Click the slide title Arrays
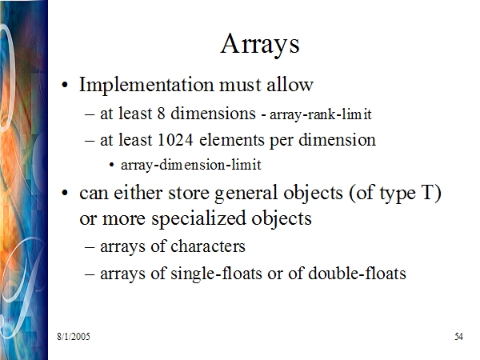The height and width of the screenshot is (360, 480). click(259, 45)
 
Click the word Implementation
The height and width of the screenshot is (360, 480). click(146, 85)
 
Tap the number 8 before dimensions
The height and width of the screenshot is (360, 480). click(162, 114)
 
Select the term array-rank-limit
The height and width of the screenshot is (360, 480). click(321, 115)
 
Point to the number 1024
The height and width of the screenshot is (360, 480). click(175, 140)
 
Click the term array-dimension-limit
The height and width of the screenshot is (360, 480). click(191, 166)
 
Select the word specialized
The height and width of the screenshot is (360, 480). click(199, 219)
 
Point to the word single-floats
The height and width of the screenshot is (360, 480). click(216, 274)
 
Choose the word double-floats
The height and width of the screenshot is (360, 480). click(357, 273)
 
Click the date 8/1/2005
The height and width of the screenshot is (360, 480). click(74, 337)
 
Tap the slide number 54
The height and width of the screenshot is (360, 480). click(458, 337)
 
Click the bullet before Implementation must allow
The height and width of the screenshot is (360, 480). click(64, 85)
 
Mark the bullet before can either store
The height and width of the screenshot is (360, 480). click(64, 194)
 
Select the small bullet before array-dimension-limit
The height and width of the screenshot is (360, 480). click(111, 166)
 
